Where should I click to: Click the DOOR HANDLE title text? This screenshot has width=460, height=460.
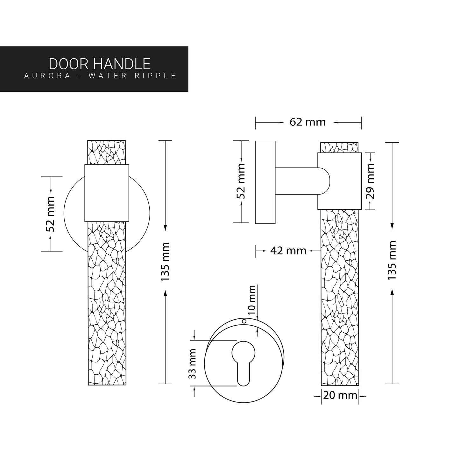tap(99, 64)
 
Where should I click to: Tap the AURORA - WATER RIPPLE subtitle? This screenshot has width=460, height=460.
tap(100, 76)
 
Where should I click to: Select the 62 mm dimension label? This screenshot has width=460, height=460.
tap(308, 122)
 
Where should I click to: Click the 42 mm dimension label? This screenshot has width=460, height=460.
tap(288, 251)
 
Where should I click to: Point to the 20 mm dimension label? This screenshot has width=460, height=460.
tap(340, 396)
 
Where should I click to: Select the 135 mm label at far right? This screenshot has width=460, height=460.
tap(392, 260)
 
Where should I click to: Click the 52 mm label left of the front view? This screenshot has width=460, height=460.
tap(50, 214)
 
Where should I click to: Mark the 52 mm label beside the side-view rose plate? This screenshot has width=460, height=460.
tap(241, 181)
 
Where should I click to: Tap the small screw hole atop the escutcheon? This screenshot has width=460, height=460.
tap(244, 322)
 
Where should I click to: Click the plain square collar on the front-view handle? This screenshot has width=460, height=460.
tap(107, 193)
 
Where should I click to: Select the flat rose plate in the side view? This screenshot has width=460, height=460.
tap(265, 182)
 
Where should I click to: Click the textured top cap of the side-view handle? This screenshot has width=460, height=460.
tap(340, 147)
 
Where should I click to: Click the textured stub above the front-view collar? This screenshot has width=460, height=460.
tap(107, 152)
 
